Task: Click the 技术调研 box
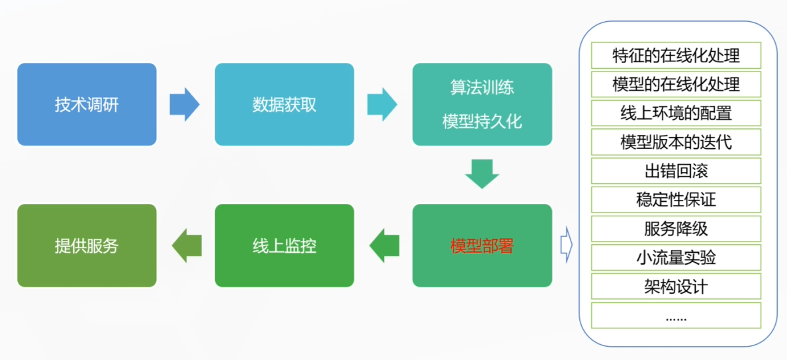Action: tap(87, 105)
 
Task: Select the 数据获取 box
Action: tap(284, 105)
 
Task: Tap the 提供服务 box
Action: tap(87, 246)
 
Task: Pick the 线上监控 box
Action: tap(284, 246)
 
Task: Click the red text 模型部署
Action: tap(482, 246)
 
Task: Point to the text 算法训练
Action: tap(482, 87)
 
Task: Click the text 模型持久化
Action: tap(482, 122)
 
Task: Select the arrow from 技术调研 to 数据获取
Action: tap(185, 105)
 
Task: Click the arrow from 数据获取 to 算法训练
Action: tap(382, 105)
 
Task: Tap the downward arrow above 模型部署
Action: tap(482, 173)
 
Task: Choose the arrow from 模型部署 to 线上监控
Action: tap(384, 246)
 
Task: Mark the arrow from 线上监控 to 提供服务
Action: tap(186, 246)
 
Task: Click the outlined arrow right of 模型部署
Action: tap(566, 245)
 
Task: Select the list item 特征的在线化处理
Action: tap(676, 56)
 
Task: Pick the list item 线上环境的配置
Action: tap(676, 113)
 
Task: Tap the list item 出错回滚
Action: tap(676, 171)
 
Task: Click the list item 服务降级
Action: tap(676, 228)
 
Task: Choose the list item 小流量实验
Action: tap(676, 257)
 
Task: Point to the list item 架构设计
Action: tap(676, 287)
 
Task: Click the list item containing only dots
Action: tap(676, 316)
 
